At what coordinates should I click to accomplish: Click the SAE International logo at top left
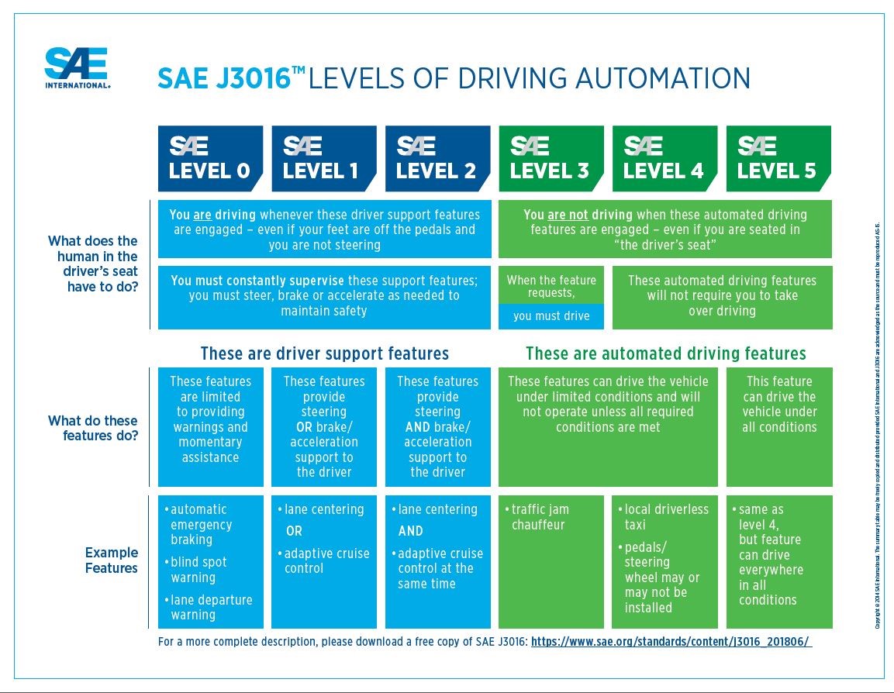pyautogui.click(x=77, y=68)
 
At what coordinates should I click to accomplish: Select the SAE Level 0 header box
pyautogui.click(x=210, y=159)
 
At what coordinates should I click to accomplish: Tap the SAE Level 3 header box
pyautogui.click(x=551, y=159)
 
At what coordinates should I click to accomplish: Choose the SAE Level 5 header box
pyautogui.click(x=778, y=159)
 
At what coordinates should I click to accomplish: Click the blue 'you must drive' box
pyautogui.click(x=551, y=315)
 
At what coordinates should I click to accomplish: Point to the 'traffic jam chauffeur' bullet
pyautogui.click(x=540, y=517)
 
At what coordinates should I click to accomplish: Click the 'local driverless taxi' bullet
pyautogui.click(x=665, y=517)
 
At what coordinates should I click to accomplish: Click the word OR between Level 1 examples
pyautogui.click(x=294, y=532)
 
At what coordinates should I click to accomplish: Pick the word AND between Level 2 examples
pyautogui.click(x=411, y=532)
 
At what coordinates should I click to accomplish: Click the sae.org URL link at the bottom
pyautogui.click(x=671, y=643)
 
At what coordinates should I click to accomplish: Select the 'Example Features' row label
pyautogui.click(x=111, y=560)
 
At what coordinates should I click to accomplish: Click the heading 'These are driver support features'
pyautogui.click(x=324, y=353)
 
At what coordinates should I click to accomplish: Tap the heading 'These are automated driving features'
pyautogui.click(x=665, y=353)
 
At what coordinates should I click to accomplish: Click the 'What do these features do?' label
pyautogui.click(x=93, y=428)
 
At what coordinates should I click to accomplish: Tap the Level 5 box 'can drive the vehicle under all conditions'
pyautogui.click(x=778, y=405)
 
